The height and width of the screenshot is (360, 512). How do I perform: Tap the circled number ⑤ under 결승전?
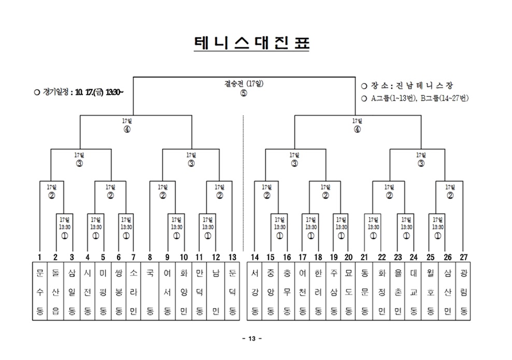[x=244, y=93]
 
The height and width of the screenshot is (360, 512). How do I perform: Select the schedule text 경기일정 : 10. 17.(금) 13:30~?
[x=78, y=92]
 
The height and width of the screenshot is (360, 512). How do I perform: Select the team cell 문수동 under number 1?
[x=39, y=292]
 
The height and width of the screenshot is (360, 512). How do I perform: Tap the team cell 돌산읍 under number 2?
[x=55, y=292]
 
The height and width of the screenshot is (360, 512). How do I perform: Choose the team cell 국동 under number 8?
[x=150, y=292]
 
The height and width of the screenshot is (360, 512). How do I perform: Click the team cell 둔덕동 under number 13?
[x=232, y=292]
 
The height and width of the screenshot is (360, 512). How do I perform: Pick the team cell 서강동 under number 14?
[x=255, y=292]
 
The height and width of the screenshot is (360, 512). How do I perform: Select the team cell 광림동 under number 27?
[x=464, y=292]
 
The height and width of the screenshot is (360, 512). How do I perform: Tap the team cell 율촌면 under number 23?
[x=398, y=292]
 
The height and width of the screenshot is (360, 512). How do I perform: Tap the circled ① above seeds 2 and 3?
[x=64, y=235]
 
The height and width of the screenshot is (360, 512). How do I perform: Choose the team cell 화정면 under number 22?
[x=382, y=292]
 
